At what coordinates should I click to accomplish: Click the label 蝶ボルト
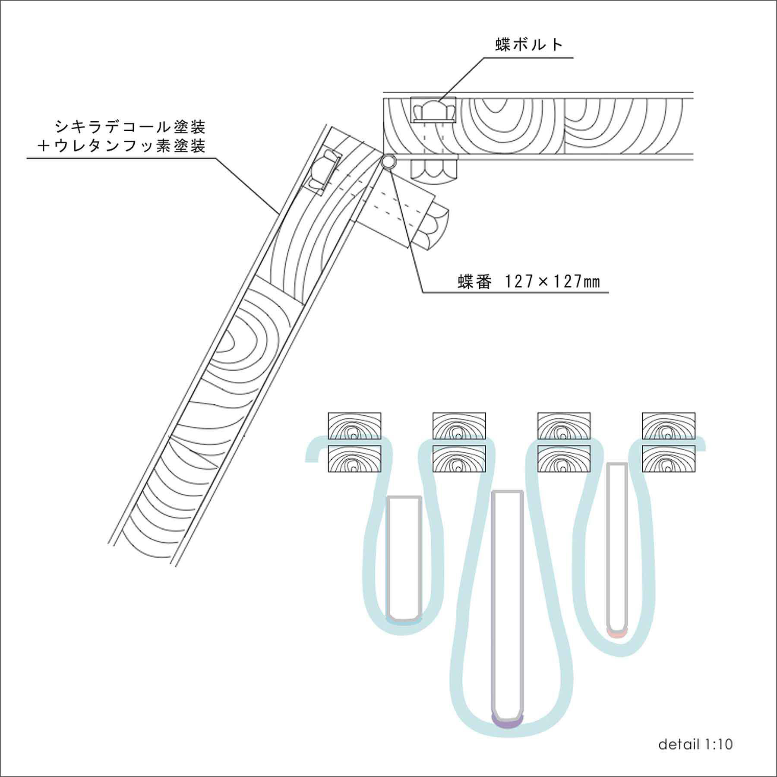[x=529, y=45]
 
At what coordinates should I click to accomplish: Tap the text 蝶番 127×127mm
[x=529, y=282]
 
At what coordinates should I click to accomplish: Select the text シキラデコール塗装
[x=130, y=126]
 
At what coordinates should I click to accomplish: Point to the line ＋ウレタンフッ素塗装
[x=121, y=146]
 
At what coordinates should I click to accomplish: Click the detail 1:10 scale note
[x=695, y=744]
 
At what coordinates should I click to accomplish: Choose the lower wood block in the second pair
[x=459, y=458]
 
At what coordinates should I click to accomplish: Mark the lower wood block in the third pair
[x=564, y=458]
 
